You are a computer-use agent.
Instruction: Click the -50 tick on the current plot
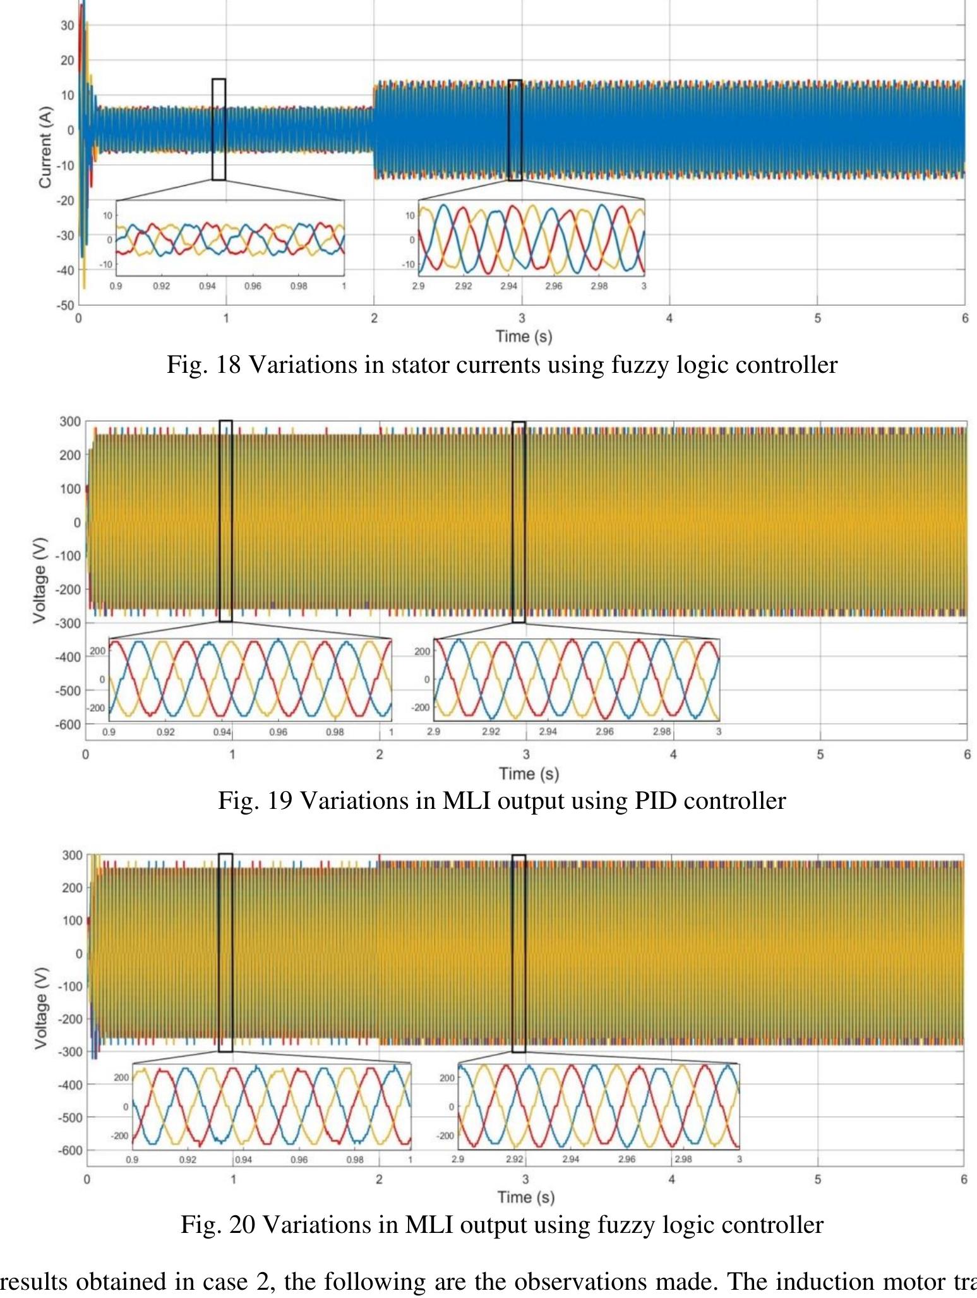point(66,305)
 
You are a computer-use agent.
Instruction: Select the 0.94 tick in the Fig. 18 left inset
point(207,286)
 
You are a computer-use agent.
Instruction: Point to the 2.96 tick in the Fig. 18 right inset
point(553,286)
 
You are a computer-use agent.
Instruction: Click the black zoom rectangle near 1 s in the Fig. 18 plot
point(219,129)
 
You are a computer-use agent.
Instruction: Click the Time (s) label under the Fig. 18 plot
point(524,336)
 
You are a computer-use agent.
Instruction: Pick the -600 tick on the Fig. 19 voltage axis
point(69,724)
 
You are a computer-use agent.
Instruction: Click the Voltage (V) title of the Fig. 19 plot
point(40,585)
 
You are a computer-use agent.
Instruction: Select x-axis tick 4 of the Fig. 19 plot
point(673,754)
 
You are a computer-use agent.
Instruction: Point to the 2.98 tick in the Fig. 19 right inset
point(661,732)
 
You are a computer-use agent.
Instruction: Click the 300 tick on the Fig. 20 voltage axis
point(72,855)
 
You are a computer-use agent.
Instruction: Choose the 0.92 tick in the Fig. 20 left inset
point(188,1160)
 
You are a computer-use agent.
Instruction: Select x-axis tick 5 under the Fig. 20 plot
point(818,1179)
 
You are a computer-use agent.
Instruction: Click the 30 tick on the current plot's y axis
point(68,25)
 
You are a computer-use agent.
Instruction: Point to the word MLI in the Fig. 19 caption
point(464,801)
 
